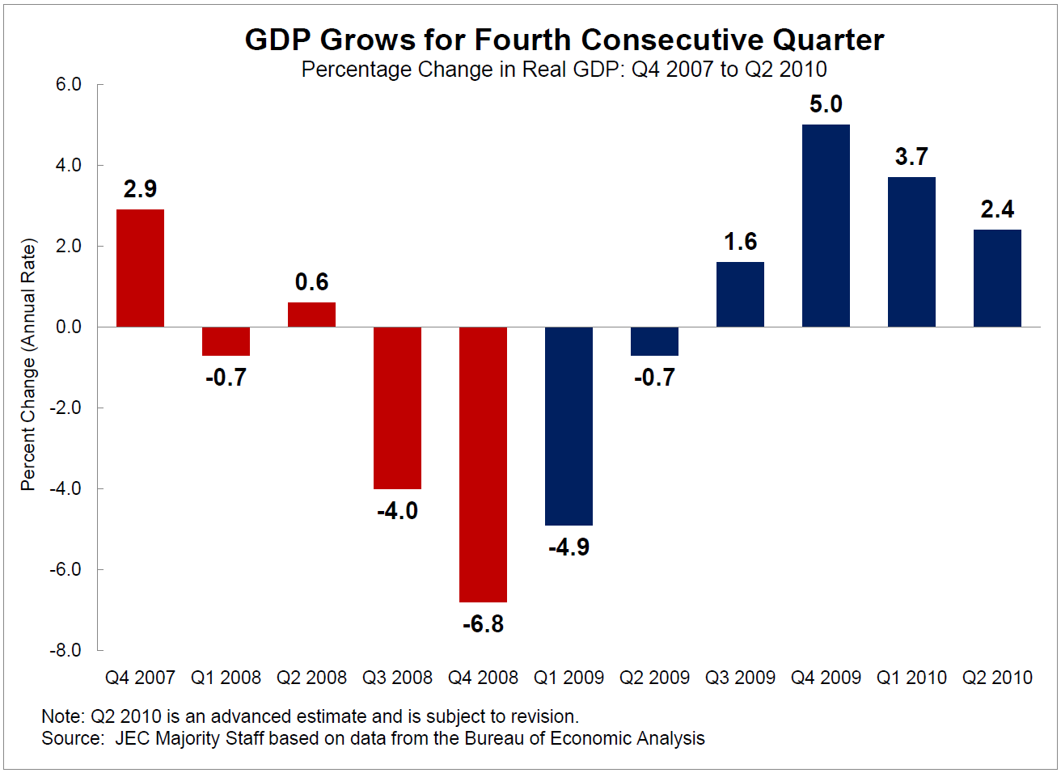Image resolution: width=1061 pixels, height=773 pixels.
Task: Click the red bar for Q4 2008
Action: [483, 464]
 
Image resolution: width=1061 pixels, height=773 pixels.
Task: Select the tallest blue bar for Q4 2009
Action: [826, 226]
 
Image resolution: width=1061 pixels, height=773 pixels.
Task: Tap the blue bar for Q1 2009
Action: [569, 426]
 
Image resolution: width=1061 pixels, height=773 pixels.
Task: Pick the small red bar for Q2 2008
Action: [311, 315]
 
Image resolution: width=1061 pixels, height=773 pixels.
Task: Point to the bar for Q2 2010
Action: [997, 278]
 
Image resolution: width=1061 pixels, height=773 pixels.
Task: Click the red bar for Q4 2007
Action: [140, 268]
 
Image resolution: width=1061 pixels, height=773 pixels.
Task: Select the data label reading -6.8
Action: [483, 624]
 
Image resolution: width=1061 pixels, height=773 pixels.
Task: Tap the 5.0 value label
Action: [826, 104]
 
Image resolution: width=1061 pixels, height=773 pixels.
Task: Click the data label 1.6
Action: [740, 242]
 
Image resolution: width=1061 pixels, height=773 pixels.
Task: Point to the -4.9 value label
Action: [569, 547]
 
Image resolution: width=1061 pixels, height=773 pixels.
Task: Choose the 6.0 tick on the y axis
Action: [69, 85]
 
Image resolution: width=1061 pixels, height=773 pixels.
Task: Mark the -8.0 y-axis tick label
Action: [66, 650]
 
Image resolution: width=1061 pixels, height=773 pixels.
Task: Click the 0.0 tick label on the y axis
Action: [69, 327]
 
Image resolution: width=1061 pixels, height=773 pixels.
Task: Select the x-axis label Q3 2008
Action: [397, 678]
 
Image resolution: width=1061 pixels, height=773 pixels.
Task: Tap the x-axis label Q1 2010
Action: [911, 678]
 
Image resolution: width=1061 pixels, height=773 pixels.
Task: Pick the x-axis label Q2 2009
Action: [654, 678]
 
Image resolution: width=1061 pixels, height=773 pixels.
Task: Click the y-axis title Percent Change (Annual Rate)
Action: [28, 364]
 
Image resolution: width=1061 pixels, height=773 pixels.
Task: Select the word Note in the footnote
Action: [61, 716]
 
